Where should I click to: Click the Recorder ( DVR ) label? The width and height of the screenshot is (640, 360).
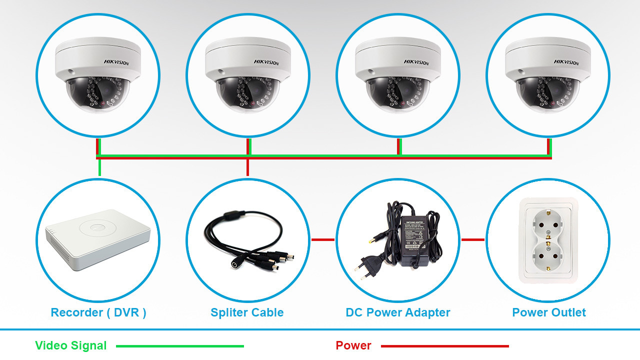coord(98,313)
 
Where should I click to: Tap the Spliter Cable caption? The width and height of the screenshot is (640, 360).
coord(247,313)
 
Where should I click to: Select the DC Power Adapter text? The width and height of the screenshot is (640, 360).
coord(398,313)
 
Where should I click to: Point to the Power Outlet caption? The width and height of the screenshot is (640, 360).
coord(549,313)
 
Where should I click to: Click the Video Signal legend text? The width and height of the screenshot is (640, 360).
coord(71,345)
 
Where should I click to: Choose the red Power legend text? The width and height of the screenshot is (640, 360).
coord(353,345)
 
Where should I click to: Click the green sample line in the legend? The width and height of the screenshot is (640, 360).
coord(180,346)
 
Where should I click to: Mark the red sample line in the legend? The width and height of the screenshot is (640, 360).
coord(445,346)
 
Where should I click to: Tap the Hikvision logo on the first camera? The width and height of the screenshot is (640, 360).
coord(116,62)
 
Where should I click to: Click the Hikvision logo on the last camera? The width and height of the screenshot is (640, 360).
coord(566,62)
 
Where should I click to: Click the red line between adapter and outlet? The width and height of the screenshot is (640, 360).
coord(473,240)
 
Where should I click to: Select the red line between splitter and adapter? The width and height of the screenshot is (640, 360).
coord(323,240)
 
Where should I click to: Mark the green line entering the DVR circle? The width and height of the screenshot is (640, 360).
coord(99,168)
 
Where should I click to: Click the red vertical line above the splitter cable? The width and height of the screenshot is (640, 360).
coord(248,168)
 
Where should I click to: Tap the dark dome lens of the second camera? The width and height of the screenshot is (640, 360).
coord(247,94)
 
